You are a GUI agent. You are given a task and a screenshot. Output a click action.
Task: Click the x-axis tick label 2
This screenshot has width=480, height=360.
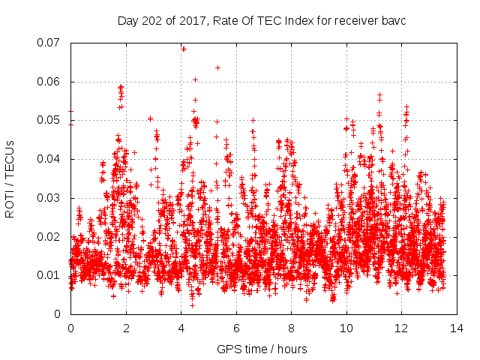pyautogui.click(x=126, y=328)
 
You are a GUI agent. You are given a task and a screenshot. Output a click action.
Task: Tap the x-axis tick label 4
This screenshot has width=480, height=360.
pyautogui.click(x=181, y=328)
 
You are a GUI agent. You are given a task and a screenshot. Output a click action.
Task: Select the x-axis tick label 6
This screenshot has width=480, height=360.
pyautogui.click(x=235, y=328)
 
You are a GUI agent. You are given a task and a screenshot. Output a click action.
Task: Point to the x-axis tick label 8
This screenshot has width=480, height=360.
pyautogui.click(x=291, y=328)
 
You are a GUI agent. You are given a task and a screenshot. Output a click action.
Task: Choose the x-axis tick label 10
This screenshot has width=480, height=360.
pyautogui.click(x=346, y=328)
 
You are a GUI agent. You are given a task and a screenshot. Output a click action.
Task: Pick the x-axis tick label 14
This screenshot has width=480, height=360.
pyautogui.click(x=456, y=328)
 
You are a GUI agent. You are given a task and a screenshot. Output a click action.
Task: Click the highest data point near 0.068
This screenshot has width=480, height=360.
pyautogui.click(x=184, y=49)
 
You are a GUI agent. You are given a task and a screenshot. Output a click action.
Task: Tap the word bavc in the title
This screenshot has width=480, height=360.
pyautogui.click(x=394, y=20)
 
